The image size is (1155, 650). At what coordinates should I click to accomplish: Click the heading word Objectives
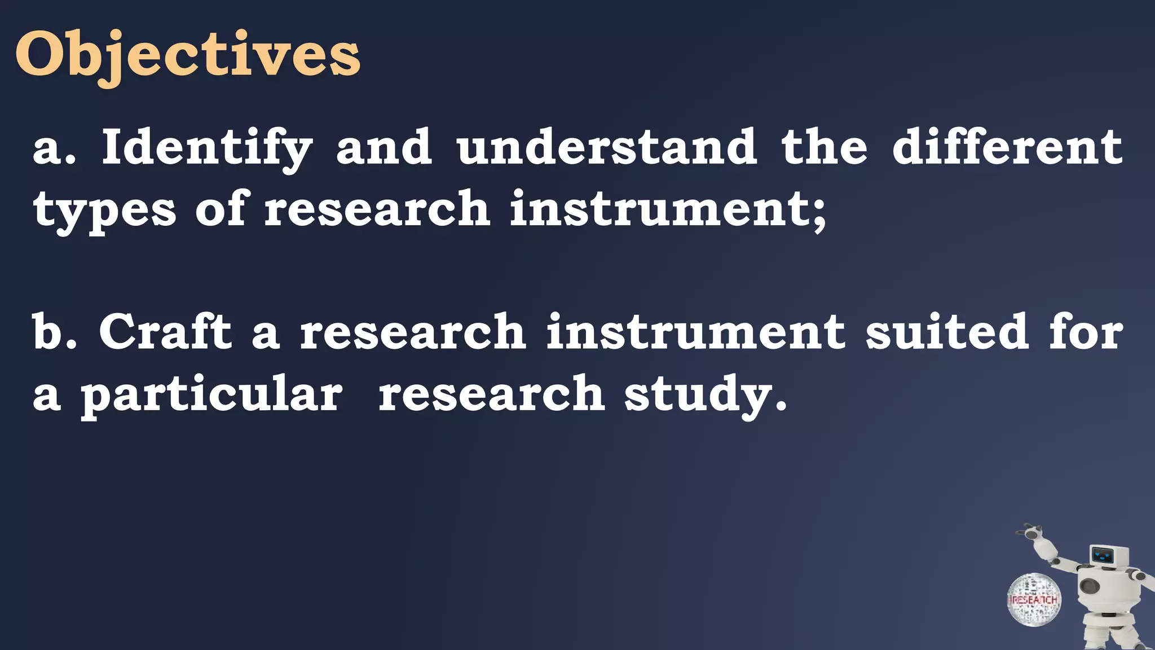[187, 55]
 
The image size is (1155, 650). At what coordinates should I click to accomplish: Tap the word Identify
[206, 148]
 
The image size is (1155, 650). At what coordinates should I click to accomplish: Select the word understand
[607, 148]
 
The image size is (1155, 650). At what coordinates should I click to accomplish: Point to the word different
[1007, 148]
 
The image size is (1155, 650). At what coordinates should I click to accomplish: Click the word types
[105, 210]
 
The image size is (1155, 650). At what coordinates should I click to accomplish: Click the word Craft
[165, 332]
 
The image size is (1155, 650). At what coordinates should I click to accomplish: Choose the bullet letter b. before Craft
[54, 332]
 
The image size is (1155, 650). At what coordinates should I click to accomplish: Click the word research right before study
[491, 394]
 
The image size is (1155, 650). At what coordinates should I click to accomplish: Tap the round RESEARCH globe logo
[1034, 600]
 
